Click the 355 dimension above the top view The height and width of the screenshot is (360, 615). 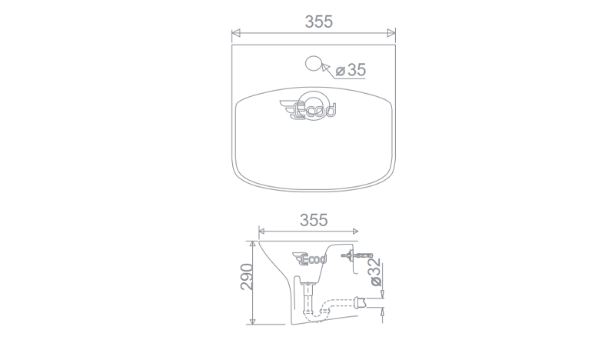click(318, 22)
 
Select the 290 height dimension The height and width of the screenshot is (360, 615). click(247, 277)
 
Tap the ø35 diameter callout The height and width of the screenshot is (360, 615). click(351, 70)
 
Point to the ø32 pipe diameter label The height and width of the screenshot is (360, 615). click(375, 272)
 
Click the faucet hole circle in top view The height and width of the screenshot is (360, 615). click(313, 62)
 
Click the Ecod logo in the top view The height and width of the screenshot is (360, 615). click(311, 111)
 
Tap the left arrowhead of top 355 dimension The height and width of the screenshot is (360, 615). click(236, 33)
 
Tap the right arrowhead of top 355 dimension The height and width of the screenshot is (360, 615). click(391, 33)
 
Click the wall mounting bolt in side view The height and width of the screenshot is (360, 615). click(355, 254)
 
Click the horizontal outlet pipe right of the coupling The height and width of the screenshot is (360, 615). click(372, 305)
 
